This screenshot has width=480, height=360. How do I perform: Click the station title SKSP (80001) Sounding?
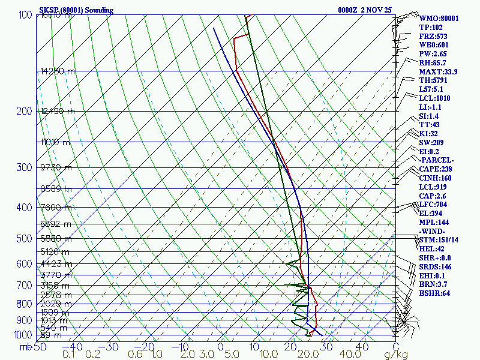click(79, 10)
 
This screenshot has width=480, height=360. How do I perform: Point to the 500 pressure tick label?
click(25, 239)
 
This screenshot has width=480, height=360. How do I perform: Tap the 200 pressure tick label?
click(25, 111)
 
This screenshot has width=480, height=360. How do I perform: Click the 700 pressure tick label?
click(25, 286)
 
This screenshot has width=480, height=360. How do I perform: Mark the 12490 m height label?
click(58, 111)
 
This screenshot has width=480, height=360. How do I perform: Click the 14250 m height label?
click(58, 71)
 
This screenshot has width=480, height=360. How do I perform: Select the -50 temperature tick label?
click(38, 346)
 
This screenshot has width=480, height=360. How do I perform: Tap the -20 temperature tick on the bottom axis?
click(145, 346)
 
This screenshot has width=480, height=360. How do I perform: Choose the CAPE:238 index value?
click(436, 169)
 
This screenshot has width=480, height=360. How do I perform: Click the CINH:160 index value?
click(436, 178)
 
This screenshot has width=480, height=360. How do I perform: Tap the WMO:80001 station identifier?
click(439, 19)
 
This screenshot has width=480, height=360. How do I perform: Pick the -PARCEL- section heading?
click(436, 160)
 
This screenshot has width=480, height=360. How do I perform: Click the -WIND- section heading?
click(433, 231)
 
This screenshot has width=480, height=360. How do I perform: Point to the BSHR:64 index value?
click(435, 293)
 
